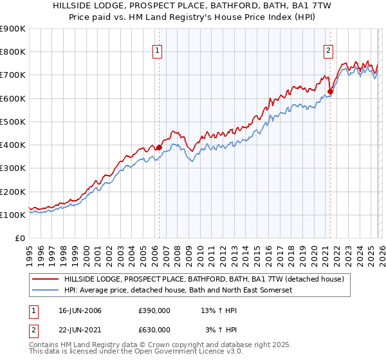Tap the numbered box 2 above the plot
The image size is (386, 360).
[x=329, y=51]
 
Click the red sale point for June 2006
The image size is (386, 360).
[x=159, y=147]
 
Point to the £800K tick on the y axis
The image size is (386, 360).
[x=13, y=52]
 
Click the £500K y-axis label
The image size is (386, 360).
[x=13, y=122]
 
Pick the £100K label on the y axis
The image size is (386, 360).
[x=13, y=215]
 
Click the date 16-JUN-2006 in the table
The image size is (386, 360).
[x=79, y=310]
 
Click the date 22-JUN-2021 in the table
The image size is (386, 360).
[x=79, y=330]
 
